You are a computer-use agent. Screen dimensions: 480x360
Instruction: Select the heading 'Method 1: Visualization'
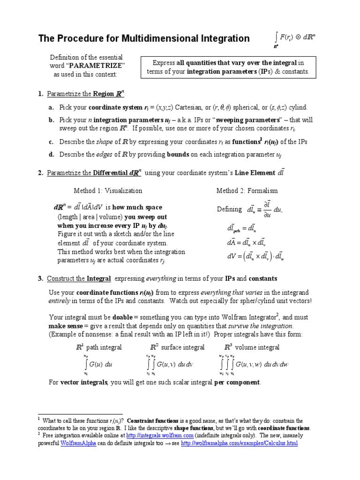[x=108, y=191]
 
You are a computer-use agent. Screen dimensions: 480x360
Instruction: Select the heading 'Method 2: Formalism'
[x=247, y=191]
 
